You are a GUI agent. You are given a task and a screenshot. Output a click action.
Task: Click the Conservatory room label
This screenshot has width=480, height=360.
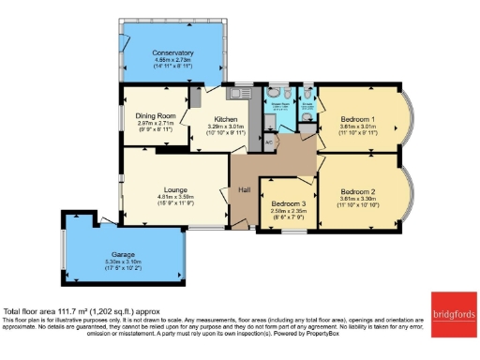tap(172, 52)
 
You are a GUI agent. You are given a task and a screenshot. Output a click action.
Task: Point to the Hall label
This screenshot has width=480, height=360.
tap(244, 191)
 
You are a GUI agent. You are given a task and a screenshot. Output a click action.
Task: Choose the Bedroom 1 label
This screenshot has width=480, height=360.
tap(361, 121)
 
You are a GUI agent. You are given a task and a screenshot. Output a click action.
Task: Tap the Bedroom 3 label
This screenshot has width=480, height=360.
tap(289, 203)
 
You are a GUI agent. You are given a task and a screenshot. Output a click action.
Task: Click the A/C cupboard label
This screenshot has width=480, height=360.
tap(268, 142)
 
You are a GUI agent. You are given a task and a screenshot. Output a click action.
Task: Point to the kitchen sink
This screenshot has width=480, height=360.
tap(242, 93)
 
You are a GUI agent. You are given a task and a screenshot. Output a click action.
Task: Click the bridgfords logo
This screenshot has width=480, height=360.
tap(454, 313)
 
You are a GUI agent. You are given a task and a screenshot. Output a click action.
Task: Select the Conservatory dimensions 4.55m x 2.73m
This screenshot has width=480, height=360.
tap(172, 61)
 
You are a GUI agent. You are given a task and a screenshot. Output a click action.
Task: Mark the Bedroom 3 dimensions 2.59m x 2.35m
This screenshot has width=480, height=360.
tap(289, 211)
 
